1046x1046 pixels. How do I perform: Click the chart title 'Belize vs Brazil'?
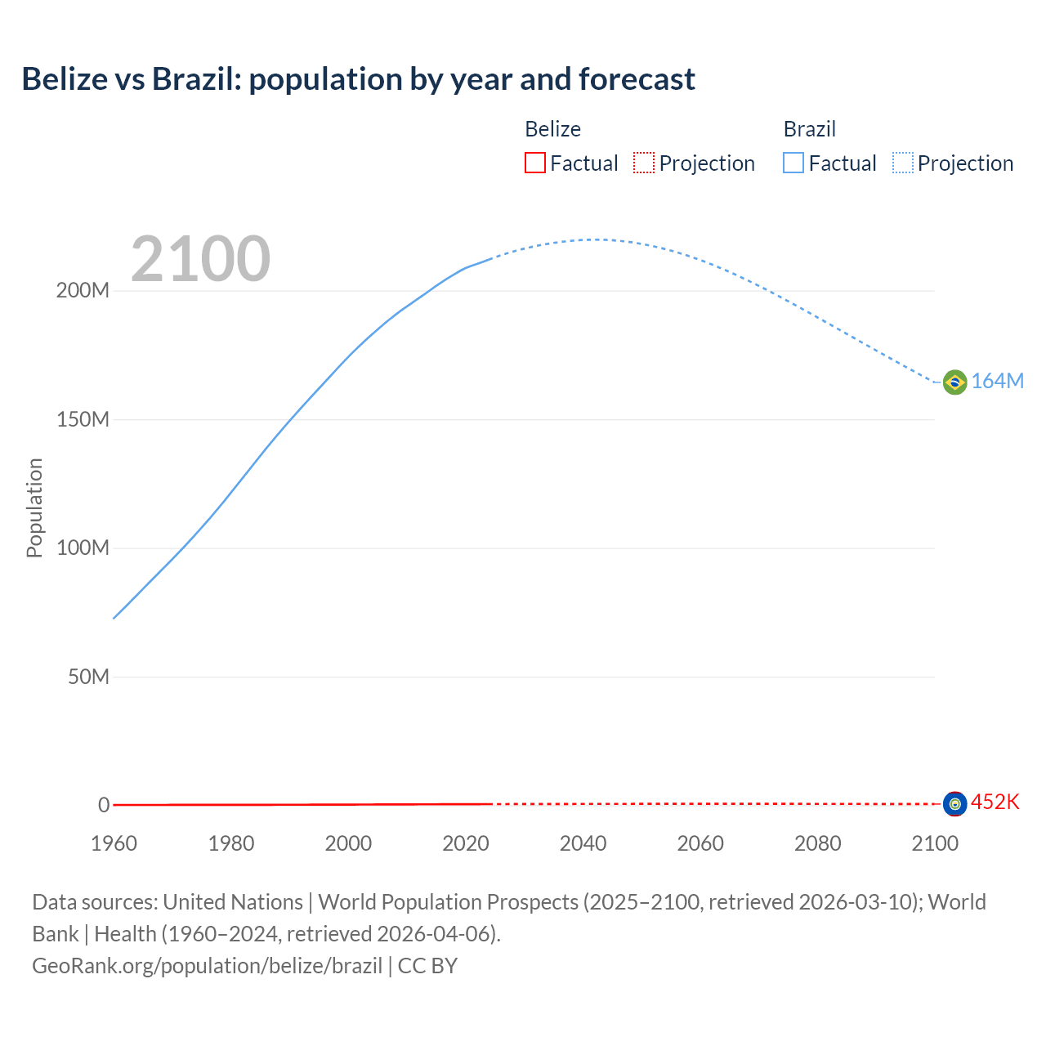click(x=358, y=79)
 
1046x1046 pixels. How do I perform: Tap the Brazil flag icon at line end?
click(x=954, y=382)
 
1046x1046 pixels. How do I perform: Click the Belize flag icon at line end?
click(x=954, y=804)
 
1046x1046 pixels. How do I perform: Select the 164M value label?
click(x=997, y=382)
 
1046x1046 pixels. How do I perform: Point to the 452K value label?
click(x=995, y=802)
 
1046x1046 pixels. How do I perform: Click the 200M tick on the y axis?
click(x=83, y=291)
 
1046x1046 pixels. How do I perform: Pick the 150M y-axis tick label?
click(x=83, y=420)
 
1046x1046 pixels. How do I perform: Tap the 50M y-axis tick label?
click(x=88, y=677)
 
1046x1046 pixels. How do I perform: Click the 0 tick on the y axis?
click(x=104, y=806)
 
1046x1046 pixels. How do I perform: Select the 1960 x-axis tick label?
click(x=114, y=843)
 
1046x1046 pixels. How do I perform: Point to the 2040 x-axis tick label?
click(x=583, y=843)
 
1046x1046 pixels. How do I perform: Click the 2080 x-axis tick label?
click(x=817, y=843)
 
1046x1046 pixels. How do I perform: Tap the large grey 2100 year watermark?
click(x=200, y=259)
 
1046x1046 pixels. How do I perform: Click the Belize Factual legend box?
click(x=534, y=163)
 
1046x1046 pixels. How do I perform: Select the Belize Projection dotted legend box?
click(x=644, y=163)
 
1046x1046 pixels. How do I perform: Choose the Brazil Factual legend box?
click(x=793, y=163)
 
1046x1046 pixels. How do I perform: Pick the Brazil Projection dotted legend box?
click(x=903, y=163)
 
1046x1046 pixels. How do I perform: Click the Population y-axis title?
click(x=34, y=507)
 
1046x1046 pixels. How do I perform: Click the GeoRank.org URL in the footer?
click(x=207, y=966)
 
